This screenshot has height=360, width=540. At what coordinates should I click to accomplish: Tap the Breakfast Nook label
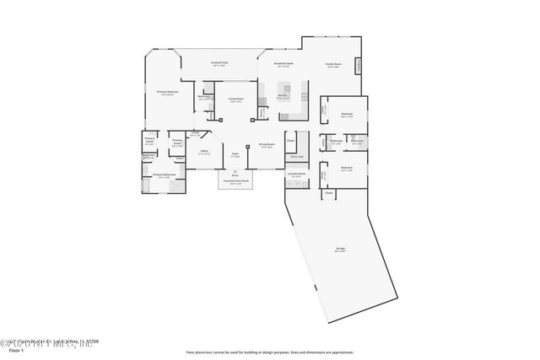(x=283, y=64)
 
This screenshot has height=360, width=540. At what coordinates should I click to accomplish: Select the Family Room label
(x=333, y=65)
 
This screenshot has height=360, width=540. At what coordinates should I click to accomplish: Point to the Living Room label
(x=236, y=99)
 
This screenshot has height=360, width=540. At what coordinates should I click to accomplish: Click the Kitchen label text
(x=283, y=96)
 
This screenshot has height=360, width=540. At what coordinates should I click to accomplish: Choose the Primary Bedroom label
(x=166, y=92)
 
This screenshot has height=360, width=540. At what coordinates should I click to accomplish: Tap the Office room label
(x=203, y=153)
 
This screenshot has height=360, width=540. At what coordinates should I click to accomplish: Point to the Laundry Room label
(x=296, y=175)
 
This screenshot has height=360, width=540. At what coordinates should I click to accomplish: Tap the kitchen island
(x=286, y=89)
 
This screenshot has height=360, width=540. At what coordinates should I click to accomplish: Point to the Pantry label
(x=263, y=111)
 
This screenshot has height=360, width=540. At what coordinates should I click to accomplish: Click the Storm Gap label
(x=296, y=157)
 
